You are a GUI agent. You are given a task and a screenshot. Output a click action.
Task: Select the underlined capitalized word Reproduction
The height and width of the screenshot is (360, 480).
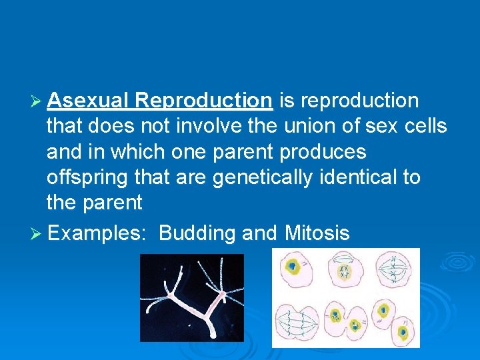point(203,101)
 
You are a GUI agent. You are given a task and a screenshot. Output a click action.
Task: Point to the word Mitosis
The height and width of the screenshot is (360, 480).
point(317,233)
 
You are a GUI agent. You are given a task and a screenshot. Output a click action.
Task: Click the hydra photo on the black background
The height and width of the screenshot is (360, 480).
point(191,298)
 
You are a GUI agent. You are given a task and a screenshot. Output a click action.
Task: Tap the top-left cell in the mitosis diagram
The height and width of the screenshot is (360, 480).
point(293,267)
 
